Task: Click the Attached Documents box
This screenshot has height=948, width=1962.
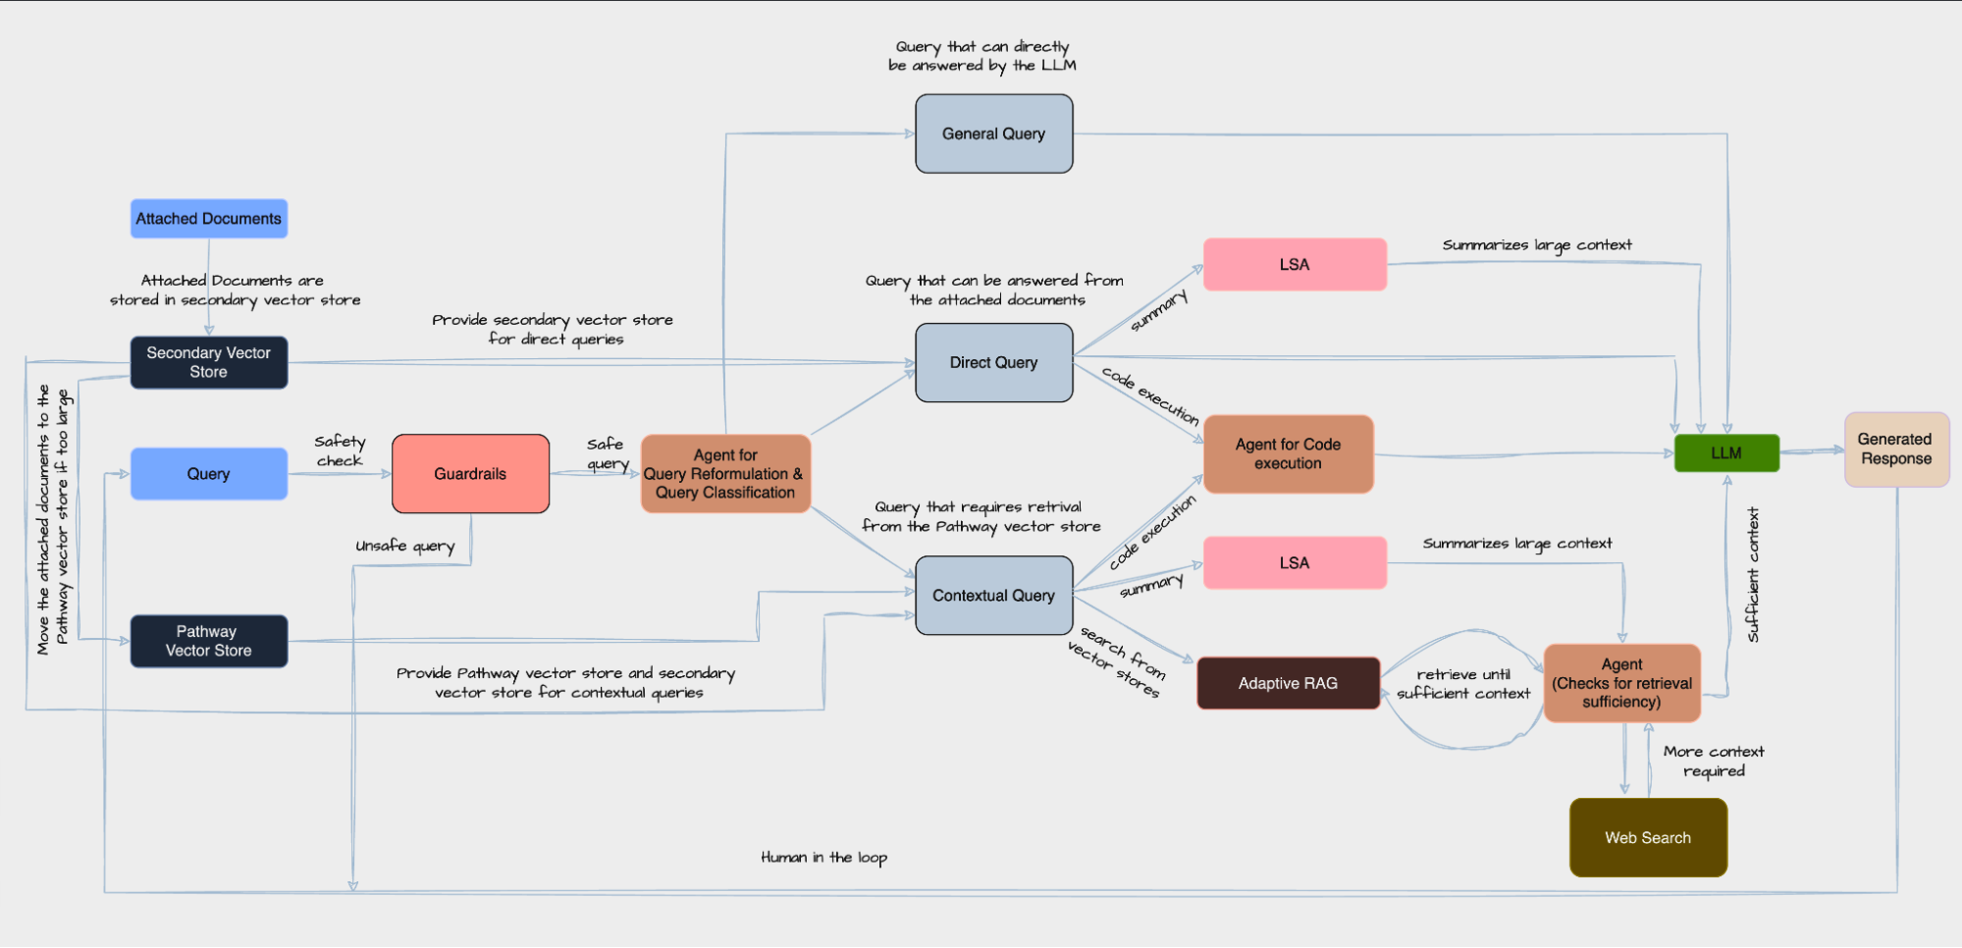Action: point(208,219)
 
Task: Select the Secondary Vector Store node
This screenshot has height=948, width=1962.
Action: point(208,362)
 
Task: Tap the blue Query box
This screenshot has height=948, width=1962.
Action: point(208,474)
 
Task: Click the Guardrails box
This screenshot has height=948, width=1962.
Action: point(470,474)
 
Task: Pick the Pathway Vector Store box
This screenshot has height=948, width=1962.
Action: point(208,641)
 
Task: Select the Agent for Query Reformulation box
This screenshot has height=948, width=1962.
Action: point(725,474)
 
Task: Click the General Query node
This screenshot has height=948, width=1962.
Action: point(993,133)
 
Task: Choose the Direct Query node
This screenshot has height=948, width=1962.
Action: point(993,362)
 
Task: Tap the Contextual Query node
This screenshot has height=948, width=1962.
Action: point(993,596)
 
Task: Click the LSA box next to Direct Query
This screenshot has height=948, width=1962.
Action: point(1294,265)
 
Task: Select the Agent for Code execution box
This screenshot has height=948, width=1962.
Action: point(1288,453)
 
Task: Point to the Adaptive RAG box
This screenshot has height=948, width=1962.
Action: point(1288,683)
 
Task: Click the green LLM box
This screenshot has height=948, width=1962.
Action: point(1725,453)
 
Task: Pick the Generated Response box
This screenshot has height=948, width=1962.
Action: point(1895,449)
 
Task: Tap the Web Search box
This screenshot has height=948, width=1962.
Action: point(1647,837)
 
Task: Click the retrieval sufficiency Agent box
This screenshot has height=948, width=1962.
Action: point(1621,683)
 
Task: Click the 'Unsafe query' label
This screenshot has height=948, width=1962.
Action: point(404,546)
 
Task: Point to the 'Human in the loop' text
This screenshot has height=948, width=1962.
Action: point(823,858)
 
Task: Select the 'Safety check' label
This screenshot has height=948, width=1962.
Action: point(340,451)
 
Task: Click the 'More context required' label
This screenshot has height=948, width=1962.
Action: point(1713,762)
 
